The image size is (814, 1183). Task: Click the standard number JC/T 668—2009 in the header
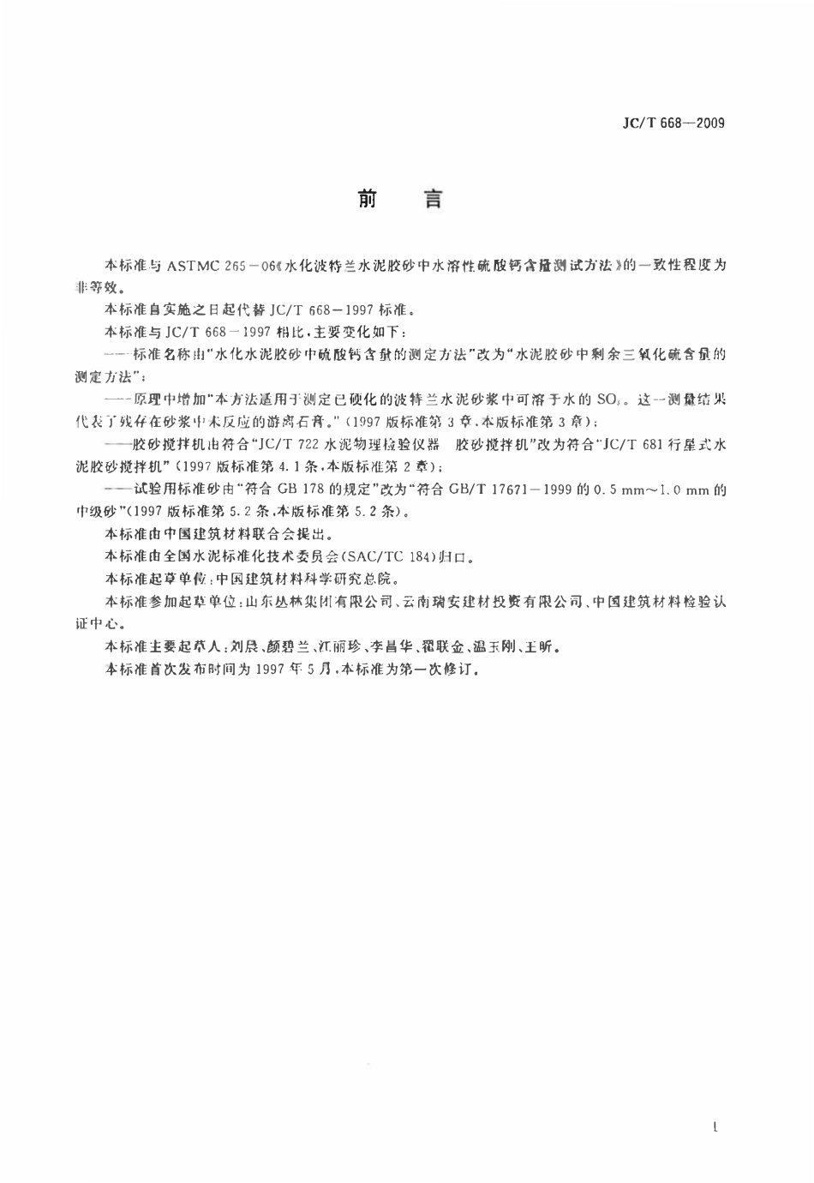pyautogui.click(x=673, y=123)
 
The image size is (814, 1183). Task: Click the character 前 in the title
pyautogui.click(x=368, y=200)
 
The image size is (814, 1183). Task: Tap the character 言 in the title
pyautogui.click(x=434, y=200)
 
